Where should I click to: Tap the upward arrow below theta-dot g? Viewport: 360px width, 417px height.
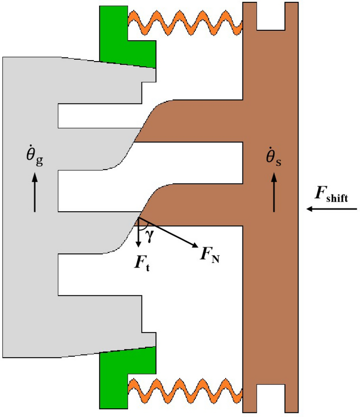(35, 193)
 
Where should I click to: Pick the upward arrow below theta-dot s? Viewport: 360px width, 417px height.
(274, 193)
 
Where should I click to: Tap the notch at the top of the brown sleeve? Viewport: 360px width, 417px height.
(271, 14)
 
